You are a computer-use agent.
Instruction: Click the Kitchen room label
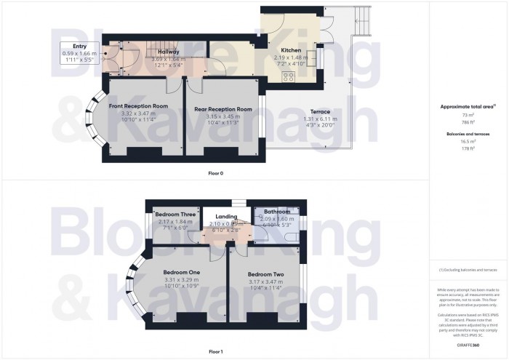(x=291, y=51)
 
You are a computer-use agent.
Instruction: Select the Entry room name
(x=79, y=46)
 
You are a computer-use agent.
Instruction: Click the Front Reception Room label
(x=138, y=106)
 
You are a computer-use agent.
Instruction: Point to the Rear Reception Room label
(x=223, y=109)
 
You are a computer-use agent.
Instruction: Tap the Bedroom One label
(x=183, y=272)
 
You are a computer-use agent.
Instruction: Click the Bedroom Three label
(x=175, y=215)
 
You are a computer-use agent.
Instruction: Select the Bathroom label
(x=277, y=212)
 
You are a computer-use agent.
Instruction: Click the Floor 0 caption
(x=215, y=173)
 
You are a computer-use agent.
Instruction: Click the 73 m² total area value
(x=468, y=115)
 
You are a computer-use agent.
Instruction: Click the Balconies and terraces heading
(x=468, y=135)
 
